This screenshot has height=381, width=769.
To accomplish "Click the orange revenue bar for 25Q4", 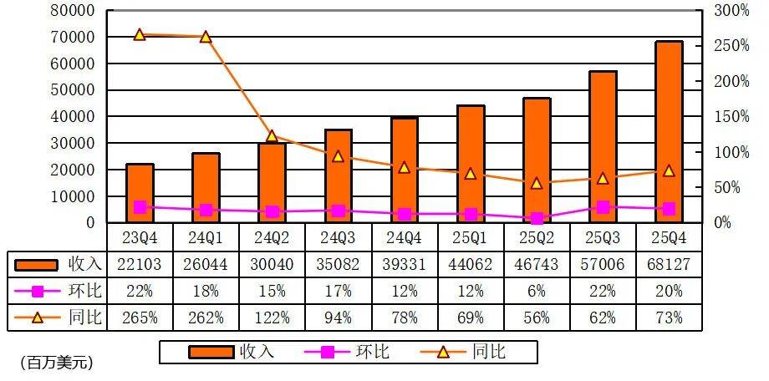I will point(669,132).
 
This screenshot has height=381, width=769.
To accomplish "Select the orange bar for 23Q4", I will point(140,193).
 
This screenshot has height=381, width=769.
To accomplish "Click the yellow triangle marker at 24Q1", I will point(206,37).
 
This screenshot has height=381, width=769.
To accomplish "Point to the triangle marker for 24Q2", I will point(272,135).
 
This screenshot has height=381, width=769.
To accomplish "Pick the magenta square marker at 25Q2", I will point(537,218).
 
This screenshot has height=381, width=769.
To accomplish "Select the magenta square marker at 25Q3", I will point(603,206).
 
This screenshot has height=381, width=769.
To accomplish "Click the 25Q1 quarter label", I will point(471,237).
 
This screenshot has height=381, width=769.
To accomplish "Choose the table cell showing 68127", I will point(669,264).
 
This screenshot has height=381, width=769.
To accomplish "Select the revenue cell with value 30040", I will point(272,264).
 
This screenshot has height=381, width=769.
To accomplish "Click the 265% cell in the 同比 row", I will point(140,317).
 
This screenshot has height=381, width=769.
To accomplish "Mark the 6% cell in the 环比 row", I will point(537,291).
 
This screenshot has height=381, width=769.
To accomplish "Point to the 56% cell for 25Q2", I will point(537,317).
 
